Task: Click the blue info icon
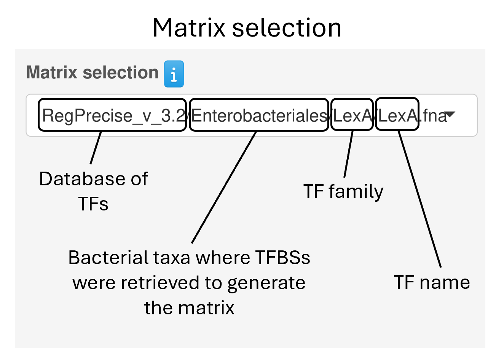coord(174,74)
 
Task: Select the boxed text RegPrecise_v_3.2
coord(112,115)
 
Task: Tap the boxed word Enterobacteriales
coord(259,115)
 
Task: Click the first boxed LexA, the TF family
coord(352,115)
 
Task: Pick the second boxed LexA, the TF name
coord(397,115)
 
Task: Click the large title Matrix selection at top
coord(247,28)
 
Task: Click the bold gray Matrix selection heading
coord(92,72)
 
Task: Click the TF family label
coord(343,191)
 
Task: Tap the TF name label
coord(432,282)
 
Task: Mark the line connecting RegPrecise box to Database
coord(96,148)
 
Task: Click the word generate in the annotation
coord(266,283)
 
